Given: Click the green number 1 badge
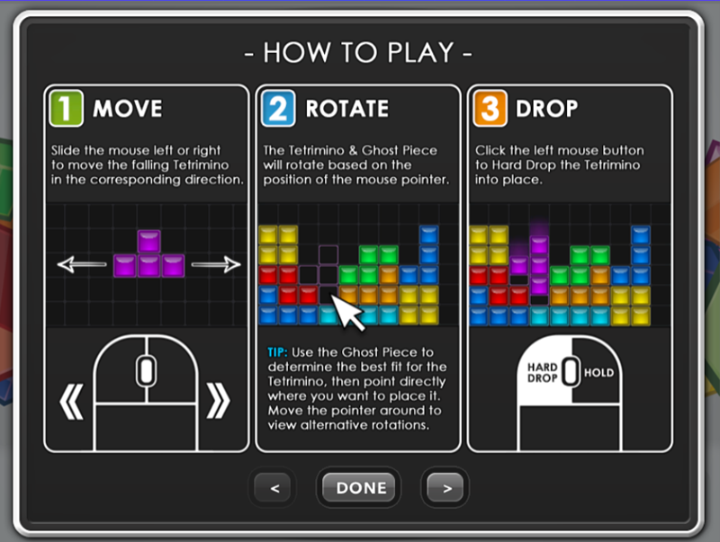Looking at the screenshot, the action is (66, 108).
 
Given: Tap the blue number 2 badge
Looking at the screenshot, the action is (278, 108).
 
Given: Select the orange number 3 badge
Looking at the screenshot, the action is (490, 108).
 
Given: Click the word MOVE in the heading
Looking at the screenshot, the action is (128, 109).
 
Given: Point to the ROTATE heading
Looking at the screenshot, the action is (347, 109).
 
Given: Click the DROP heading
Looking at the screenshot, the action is (547, 109).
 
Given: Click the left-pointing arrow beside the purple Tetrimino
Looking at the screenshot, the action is (82, 264).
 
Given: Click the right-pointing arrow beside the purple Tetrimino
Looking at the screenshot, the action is (216, 264).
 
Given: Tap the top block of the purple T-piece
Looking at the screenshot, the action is (148, 241).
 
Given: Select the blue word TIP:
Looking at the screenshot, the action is (277, 352).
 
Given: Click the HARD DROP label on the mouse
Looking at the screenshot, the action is (543, 373).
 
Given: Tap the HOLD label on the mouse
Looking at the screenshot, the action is (598, 373).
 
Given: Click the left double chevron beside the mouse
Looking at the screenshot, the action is (72, 402).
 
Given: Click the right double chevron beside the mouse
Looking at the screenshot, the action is (218, 402).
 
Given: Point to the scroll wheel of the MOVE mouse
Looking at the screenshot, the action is (146, 370).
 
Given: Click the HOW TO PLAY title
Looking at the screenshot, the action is (358, 52).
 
